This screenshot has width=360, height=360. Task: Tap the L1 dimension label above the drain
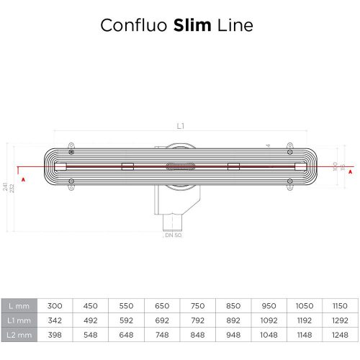pyautogui.click(x=180, y=127)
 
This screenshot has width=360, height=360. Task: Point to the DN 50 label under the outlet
pyautogui.click(x=173, y=235)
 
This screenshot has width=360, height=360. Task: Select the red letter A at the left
pyautogui.click(x=24, y=179)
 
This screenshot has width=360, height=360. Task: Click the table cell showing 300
pyautogui.click(x=56, y=305)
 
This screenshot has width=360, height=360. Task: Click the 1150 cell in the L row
pyautogui.click(x=338, y=305)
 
